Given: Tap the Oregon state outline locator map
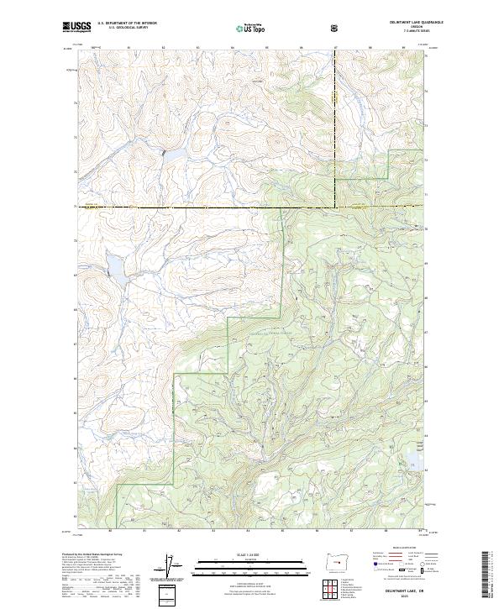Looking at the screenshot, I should tap(336, 560).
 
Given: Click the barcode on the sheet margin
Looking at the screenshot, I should tap(485, 573).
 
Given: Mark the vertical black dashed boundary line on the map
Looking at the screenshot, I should tap(333, 126).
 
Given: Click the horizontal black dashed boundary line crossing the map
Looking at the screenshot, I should tap(210, 207).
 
